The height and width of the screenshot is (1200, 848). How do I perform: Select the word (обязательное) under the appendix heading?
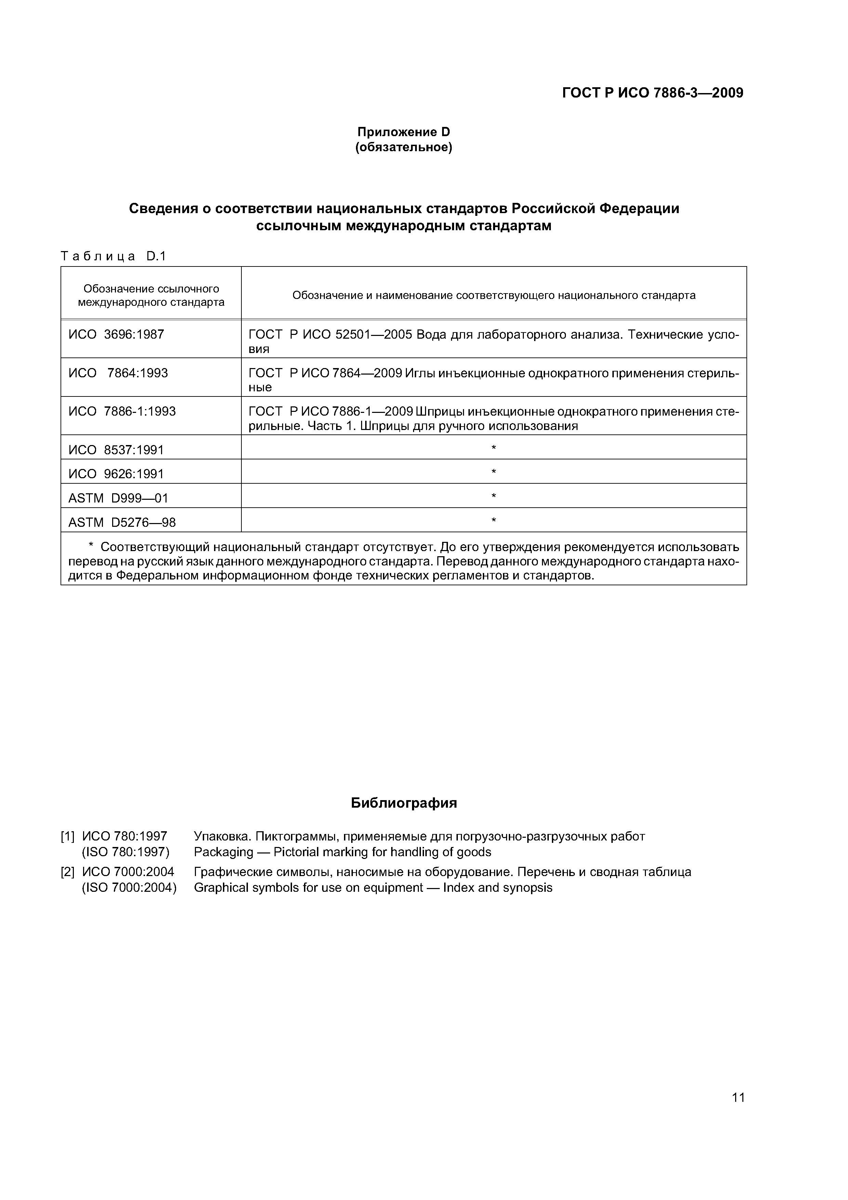click(403, 148)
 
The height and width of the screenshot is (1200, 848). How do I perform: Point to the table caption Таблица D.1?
click(113, 256)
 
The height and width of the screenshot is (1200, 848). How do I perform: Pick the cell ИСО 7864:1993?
click(118, 373)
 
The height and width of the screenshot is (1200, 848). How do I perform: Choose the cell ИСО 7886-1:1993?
click(122, 412)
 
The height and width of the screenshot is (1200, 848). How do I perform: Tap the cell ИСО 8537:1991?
click(116, 450)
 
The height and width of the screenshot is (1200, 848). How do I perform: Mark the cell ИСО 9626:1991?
click(116, 474)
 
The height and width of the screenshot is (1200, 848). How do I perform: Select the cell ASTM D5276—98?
click(122, 523)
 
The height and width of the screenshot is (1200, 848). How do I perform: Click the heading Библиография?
click(403, 803)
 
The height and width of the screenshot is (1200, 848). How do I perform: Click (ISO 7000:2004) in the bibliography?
click(129, 887)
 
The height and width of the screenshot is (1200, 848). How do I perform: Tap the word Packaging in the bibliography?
click(223, 852)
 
